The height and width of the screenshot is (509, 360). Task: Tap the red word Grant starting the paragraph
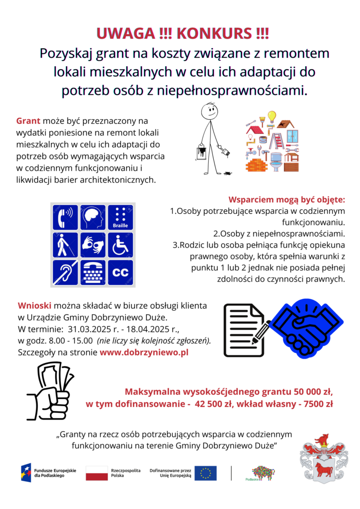point(28,121)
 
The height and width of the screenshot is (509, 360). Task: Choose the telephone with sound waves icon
point(65,218)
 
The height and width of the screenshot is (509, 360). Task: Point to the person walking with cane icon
point(65,245)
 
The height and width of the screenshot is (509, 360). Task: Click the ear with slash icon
point(65,272)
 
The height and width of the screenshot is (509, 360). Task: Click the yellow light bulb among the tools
point(271,116)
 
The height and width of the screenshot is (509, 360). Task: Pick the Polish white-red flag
point(96,473)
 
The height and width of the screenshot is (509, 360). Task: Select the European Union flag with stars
point(205,473)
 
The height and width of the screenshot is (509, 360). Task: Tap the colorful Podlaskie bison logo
point(263,473)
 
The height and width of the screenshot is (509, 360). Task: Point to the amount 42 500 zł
point(217,404)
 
